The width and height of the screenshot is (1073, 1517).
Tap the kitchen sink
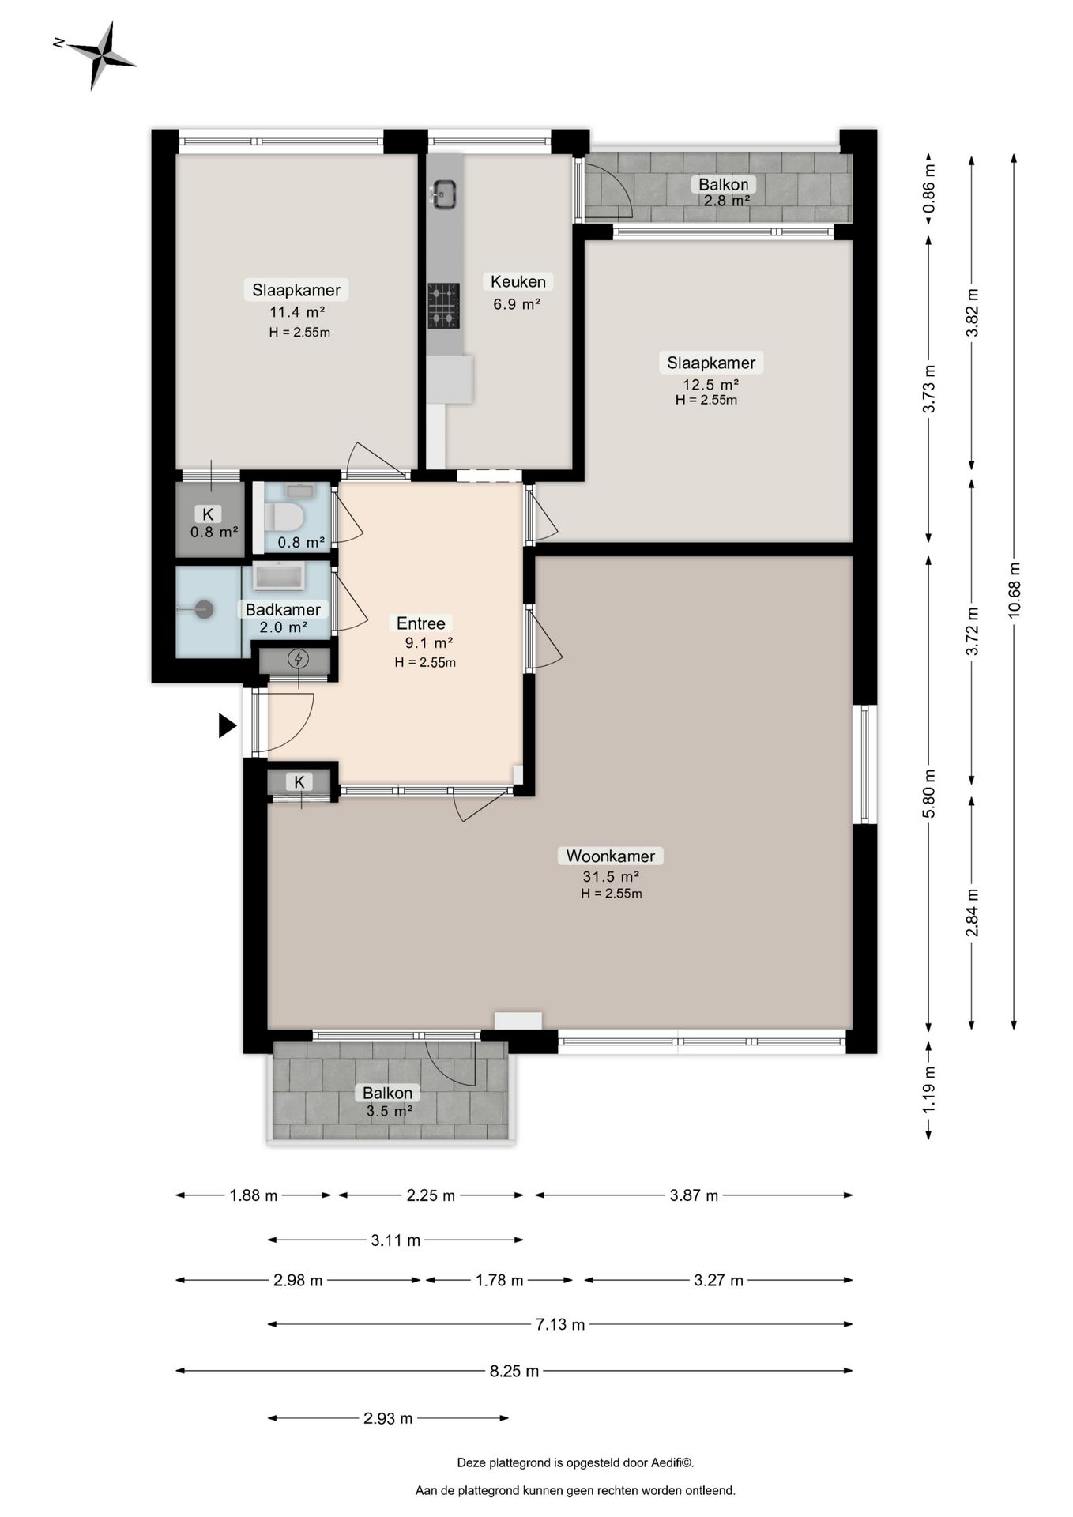[x=443, y=194]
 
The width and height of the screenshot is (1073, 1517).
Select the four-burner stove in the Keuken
[x=443, y=305]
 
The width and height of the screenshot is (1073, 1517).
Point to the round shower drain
[x=204, y=609]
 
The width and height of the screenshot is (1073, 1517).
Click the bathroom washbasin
[x=279, y=577]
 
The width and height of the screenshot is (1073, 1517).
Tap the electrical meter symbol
[x=299, y=658]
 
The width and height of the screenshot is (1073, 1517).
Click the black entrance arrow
[x=228, y=725]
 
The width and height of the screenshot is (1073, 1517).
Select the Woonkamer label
[x=611, y=856]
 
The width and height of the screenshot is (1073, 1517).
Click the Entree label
[x=421, y=623]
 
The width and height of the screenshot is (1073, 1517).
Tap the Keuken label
[x=518, y=281]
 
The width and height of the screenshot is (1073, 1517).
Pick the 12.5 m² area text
[x=711, y=385]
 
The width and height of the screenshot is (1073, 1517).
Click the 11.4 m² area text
[x=298, y=311]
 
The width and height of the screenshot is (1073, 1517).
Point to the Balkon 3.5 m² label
[x=388, y=1101]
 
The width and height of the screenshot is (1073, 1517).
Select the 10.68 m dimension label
[x=1015, y=589]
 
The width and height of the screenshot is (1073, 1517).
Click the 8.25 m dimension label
[x=514, y=1371]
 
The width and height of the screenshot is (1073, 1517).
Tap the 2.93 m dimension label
[x=388, y=1418]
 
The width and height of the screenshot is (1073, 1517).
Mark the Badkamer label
[x=283, y=609]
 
